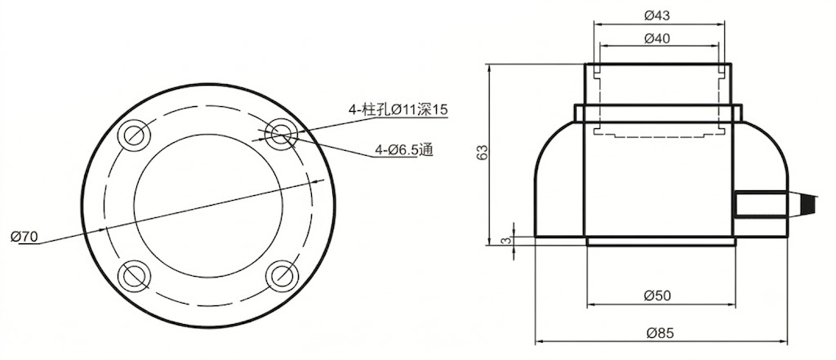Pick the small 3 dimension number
pos(507,241)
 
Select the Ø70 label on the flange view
pos(24,237)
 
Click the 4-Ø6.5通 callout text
pos(403,151)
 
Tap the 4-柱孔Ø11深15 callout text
pos(398,110)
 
